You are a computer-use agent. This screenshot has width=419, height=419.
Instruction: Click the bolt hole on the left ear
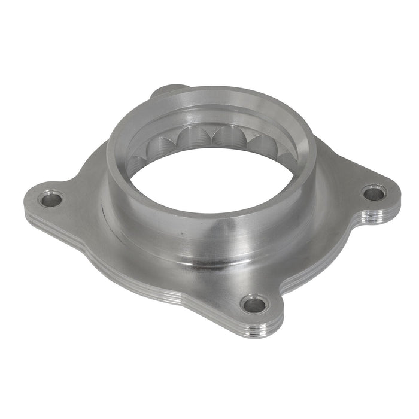(x=51, y=198)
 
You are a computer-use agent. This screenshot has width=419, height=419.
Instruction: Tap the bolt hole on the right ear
(x=374, y=193)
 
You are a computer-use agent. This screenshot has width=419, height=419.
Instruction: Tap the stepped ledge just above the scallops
(x=215, y=117)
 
